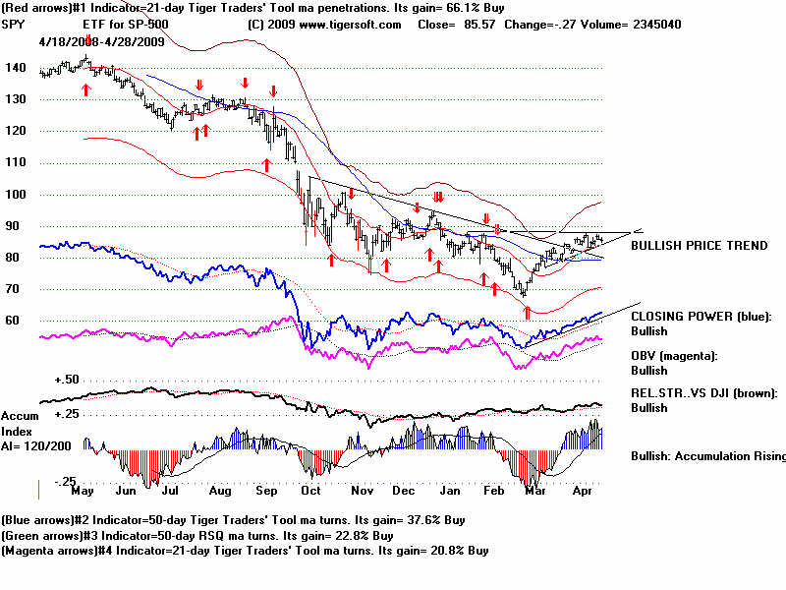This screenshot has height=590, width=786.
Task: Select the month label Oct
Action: coord(311,490)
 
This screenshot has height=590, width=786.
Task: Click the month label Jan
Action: coord(449,490)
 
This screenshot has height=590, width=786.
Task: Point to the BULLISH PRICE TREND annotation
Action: coord(698,245)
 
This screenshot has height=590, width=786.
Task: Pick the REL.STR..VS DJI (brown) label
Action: coord(703,392)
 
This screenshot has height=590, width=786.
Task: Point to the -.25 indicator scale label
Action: coord(67,481)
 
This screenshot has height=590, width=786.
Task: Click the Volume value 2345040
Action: coord(656,25)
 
